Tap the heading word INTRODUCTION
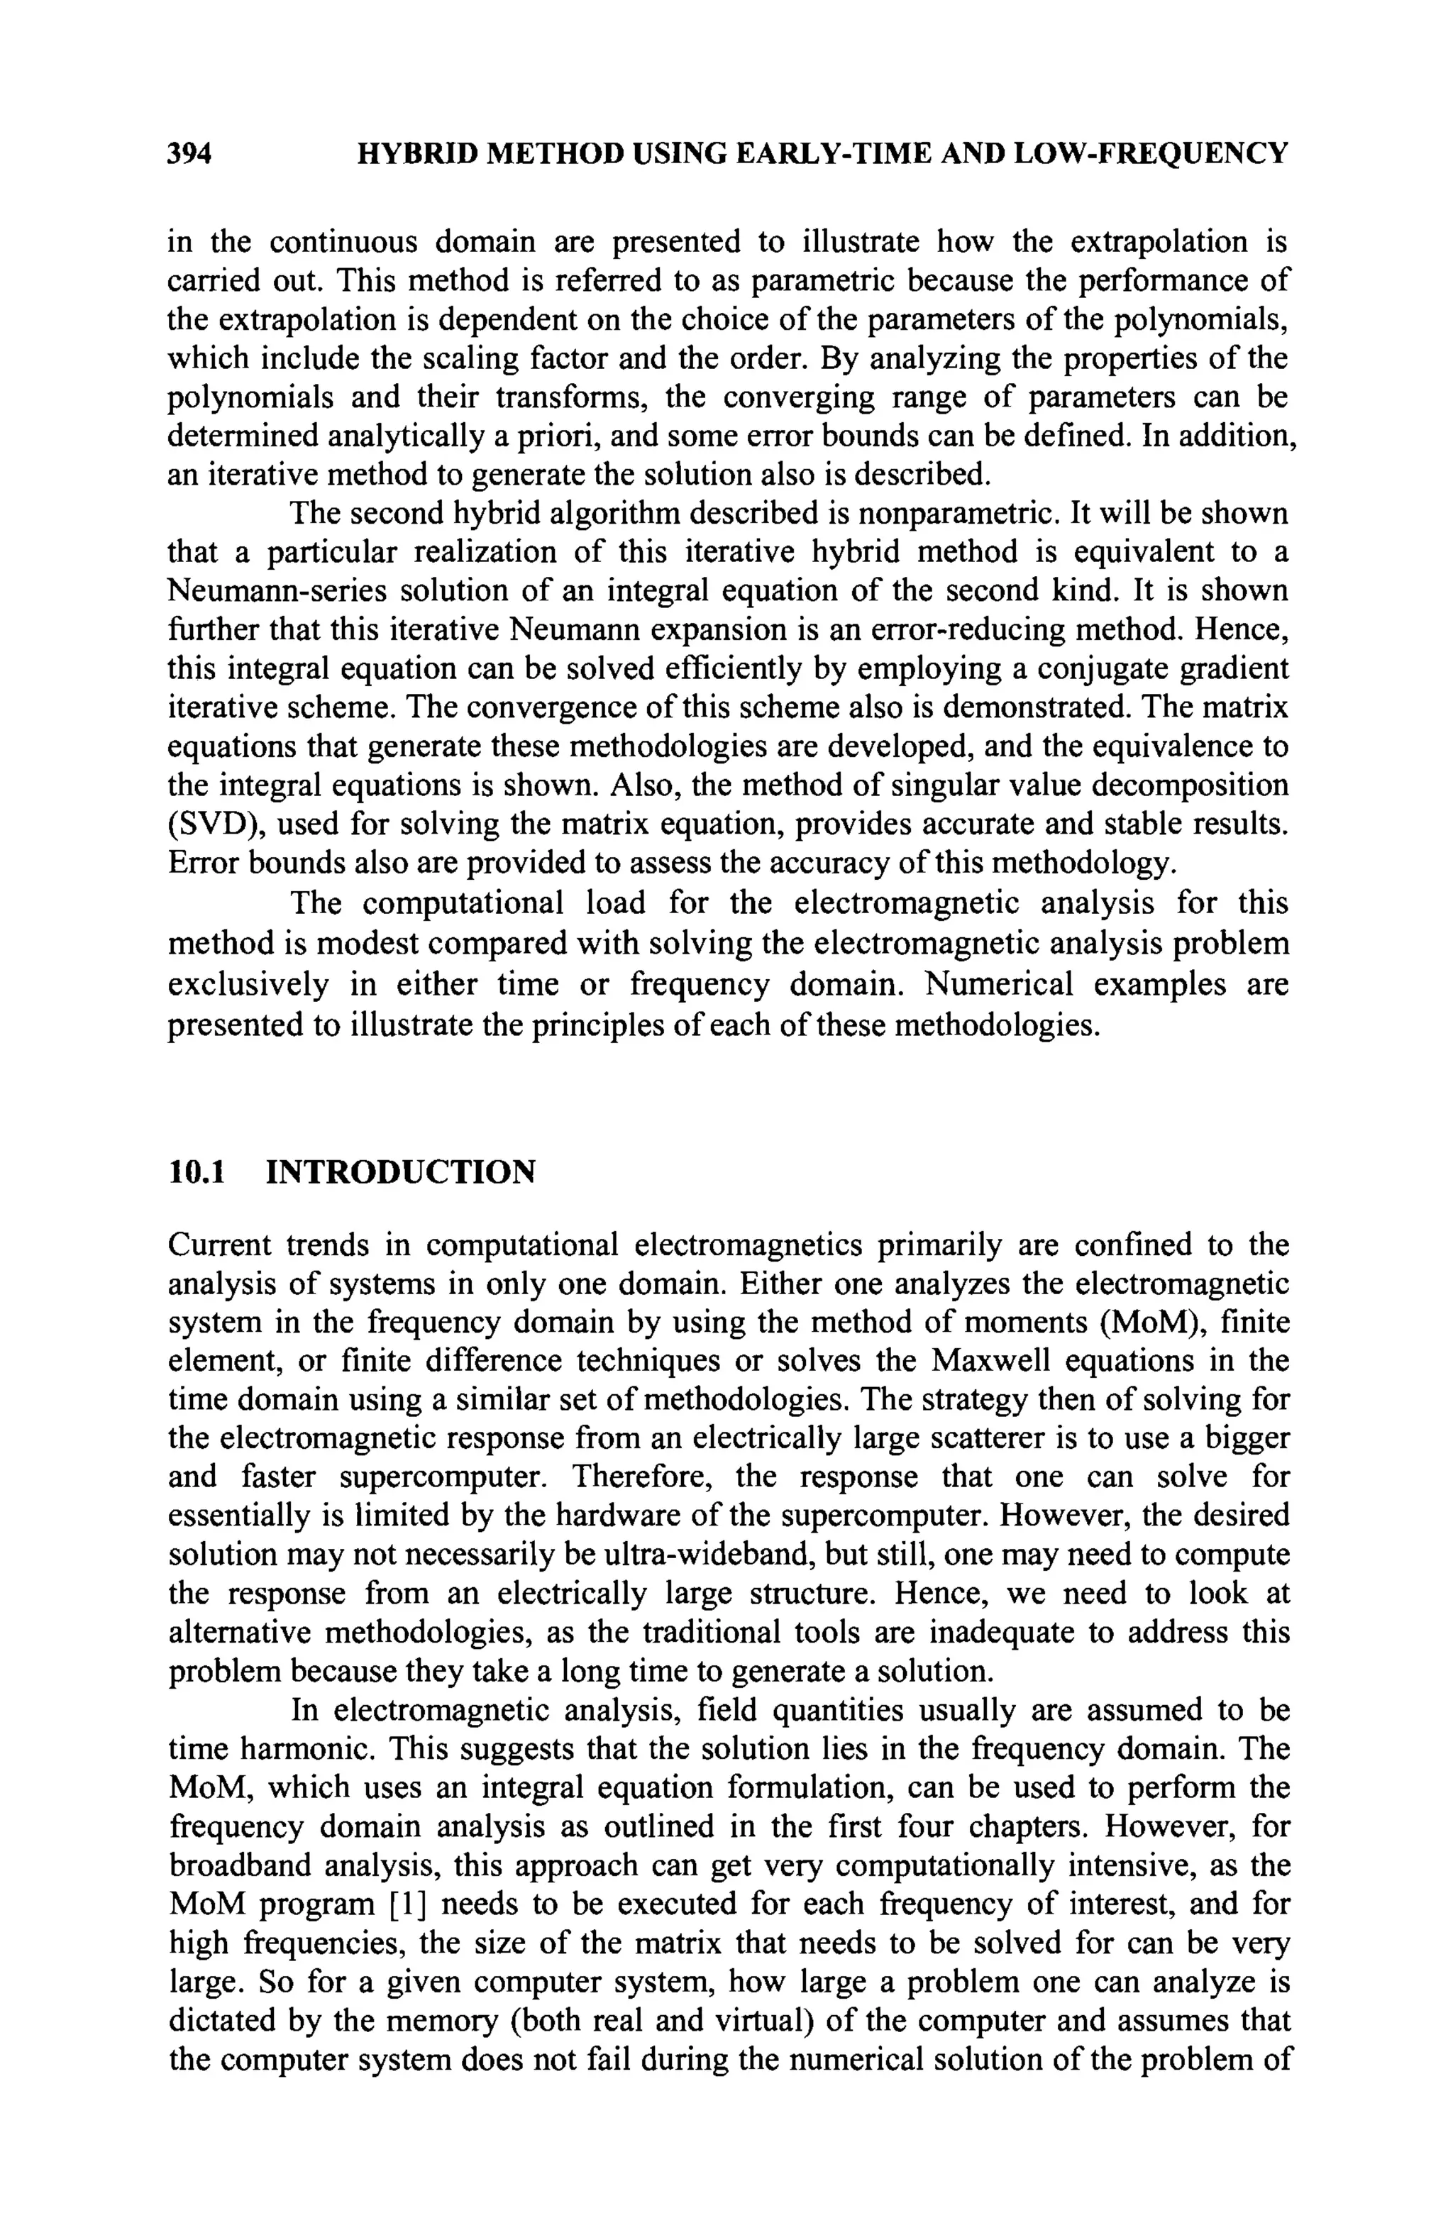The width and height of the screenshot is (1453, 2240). (401, 1173)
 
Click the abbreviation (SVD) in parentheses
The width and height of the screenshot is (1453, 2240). (206, 824)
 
